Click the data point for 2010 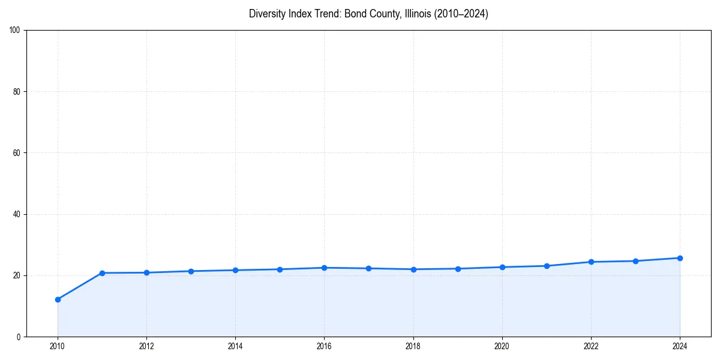pyautogui.click(x=58, y=299)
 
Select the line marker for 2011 pyautogui.click(x=102, y=273)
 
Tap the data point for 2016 pyautogui.click(x=324, y=268)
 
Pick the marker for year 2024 pyautogui.click(x=680, y=258)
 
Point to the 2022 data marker pyautogui.click(x=591, y=262)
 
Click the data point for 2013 pyautogui.click(x=191, y=271)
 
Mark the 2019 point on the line pyautogui.click(x=458, y=269)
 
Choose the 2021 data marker pyautogui.click(x=547, y=266)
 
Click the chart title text pyautogui.click(x=368, y=14)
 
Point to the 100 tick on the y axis pyautogui.click(x=15, y=30)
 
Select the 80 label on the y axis pyautogui.click(x=17, y=92)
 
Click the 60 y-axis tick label pyautogui.click(x=17, y=153)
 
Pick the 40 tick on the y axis pyautogui.click(x=17, y=214)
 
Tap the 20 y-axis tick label pyautogui.click(x=17, y=275)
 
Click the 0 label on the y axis pyautogui.click(x=19, y=337)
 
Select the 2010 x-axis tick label pyautogui.click(x=58, y=346)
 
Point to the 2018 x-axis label pyautogui.click(x=413, y=346)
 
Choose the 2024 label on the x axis pyautogui.click(x=680, y=346)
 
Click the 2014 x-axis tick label pyautogui.click(x=235, y=346)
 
